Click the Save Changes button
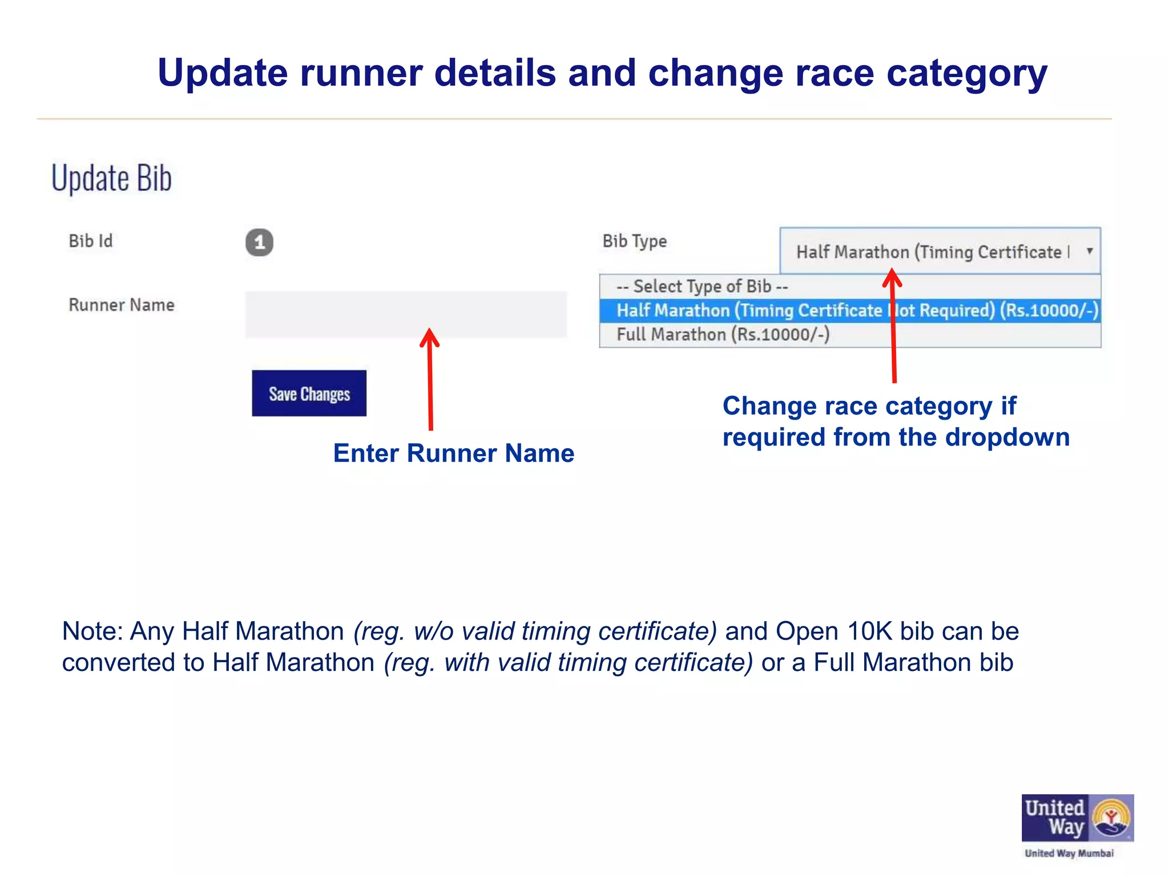click(x=309, y=393)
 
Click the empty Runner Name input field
click(x=405, y=315)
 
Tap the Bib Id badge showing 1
click(x=259, y=243)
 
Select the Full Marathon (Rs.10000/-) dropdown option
click(x=723, y=335)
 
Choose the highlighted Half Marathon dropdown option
click(x=849, y=311)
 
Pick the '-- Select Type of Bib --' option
click(x=702, y=286)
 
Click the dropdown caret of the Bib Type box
click(x=1089, y=251)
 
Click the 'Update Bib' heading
click(x=111, y=178)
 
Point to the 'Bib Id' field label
click(x=91, y=242)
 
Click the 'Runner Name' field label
click(x=122, y=305)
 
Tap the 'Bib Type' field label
click(x=634, y=242)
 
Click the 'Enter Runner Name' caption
click(x=454, y=453)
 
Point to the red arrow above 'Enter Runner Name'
click(x=430, y=380)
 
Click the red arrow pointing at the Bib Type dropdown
click(x=893, y=328)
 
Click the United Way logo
click(x=1077, y=818)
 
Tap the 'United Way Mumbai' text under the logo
click(x=1069, y=854)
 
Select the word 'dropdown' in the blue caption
click(x=1007, y=438)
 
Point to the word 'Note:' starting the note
click(x=92, y=631)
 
